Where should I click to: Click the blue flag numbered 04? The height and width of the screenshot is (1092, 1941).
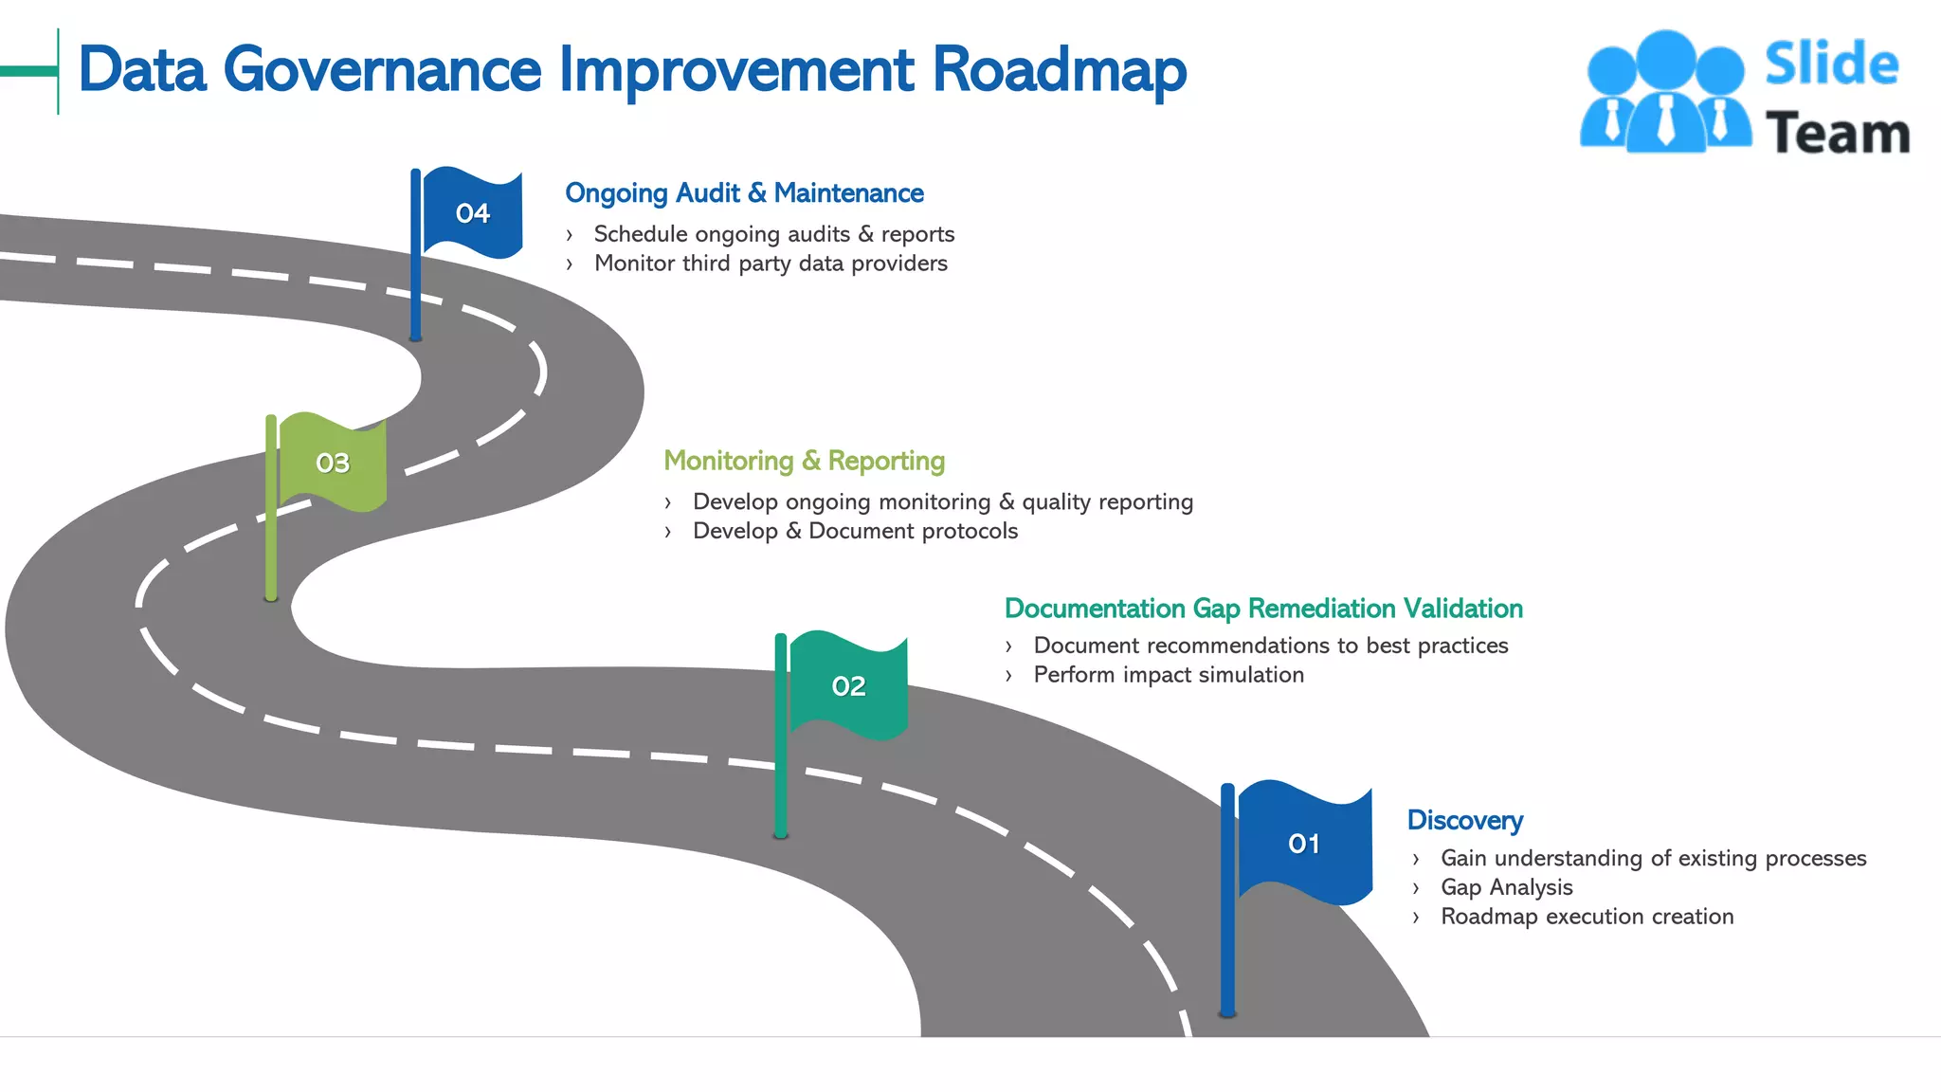click(472, 213)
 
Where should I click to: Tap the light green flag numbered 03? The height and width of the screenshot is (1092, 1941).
click(333, 463)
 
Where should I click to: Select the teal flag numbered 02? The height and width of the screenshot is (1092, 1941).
click(848, 685)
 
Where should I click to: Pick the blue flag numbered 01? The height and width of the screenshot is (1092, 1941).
click(1304, 843)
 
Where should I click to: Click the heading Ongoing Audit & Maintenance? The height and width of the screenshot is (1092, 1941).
click(744, 193)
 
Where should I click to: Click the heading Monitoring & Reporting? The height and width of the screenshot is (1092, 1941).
click(804, 461)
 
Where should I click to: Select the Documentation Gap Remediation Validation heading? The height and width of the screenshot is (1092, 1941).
click(1263, 609)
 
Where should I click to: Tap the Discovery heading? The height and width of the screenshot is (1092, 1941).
click(1464, 821)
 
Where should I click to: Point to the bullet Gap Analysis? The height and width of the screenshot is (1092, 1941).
click(1506, 887)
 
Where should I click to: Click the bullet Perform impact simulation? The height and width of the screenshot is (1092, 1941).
click(1168, 675)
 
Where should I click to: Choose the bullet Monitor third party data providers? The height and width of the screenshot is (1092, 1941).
click(770, 264)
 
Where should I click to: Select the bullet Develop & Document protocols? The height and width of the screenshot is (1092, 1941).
click(855, 531)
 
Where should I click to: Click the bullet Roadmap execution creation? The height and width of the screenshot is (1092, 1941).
click(1587, 917)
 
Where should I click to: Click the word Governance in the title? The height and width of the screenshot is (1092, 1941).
click(382, 71)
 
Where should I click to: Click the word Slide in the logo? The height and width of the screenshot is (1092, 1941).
click(1831, 64)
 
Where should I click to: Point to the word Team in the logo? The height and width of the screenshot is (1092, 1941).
click(1837, 133)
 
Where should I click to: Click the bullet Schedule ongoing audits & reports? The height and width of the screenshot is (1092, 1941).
click(773, 234)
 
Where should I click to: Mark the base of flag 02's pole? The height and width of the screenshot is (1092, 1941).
click(781, 834)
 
